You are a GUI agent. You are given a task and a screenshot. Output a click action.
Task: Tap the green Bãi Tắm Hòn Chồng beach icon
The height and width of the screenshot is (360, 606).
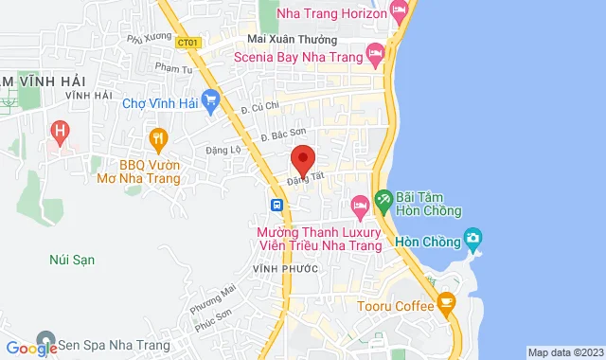click(383, 200)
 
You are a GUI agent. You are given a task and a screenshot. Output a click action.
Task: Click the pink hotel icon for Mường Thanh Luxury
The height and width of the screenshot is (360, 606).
click(359, 205)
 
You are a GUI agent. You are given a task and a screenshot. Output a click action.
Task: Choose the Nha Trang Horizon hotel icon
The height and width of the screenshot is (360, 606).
click(400, 15)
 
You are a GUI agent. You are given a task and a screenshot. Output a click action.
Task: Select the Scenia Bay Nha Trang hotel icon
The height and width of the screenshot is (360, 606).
click(375, 54)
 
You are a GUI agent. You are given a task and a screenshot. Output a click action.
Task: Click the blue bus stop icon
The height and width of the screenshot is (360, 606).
click(276, 205)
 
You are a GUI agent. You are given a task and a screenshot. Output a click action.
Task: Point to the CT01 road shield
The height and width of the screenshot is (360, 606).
click(187, 42)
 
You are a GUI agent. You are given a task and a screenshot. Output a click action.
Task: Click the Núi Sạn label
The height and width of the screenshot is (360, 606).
click(72, 259)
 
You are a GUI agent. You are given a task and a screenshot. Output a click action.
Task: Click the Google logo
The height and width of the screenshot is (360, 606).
click(31, 349)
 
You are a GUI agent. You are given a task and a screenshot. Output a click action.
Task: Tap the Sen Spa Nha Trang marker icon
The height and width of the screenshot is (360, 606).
click(44, 339)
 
